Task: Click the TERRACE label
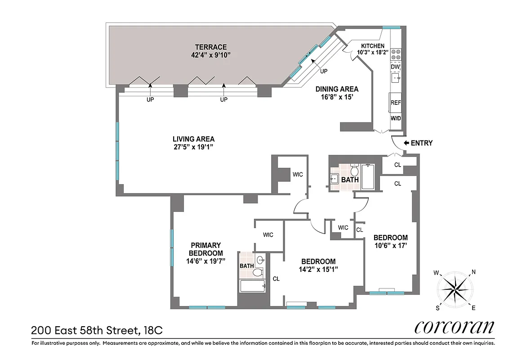(x=210, y=47)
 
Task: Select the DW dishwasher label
(x=395, y=67)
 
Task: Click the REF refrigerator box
(x=395, y=103)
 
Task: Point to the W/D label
(x=395, y=118)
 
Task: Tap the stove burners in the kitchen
(x=396, y=54)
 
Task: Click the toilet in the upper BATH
(x=354, y=171)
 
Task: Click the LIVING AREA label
(x=193, y=139)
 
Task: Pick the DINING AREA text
(x=336, y=89)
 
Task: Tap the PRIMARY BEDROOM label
(x=205, y=249)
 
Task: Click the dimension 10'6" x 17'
(x=390, y=245)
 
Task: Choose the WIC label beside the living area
(x=298, y=174)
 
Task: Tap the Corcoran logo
(x=454, y=327)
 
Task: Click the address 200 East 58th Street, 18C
(x=97, y=331)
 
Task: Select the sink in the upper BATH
(x=335, y=178)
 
